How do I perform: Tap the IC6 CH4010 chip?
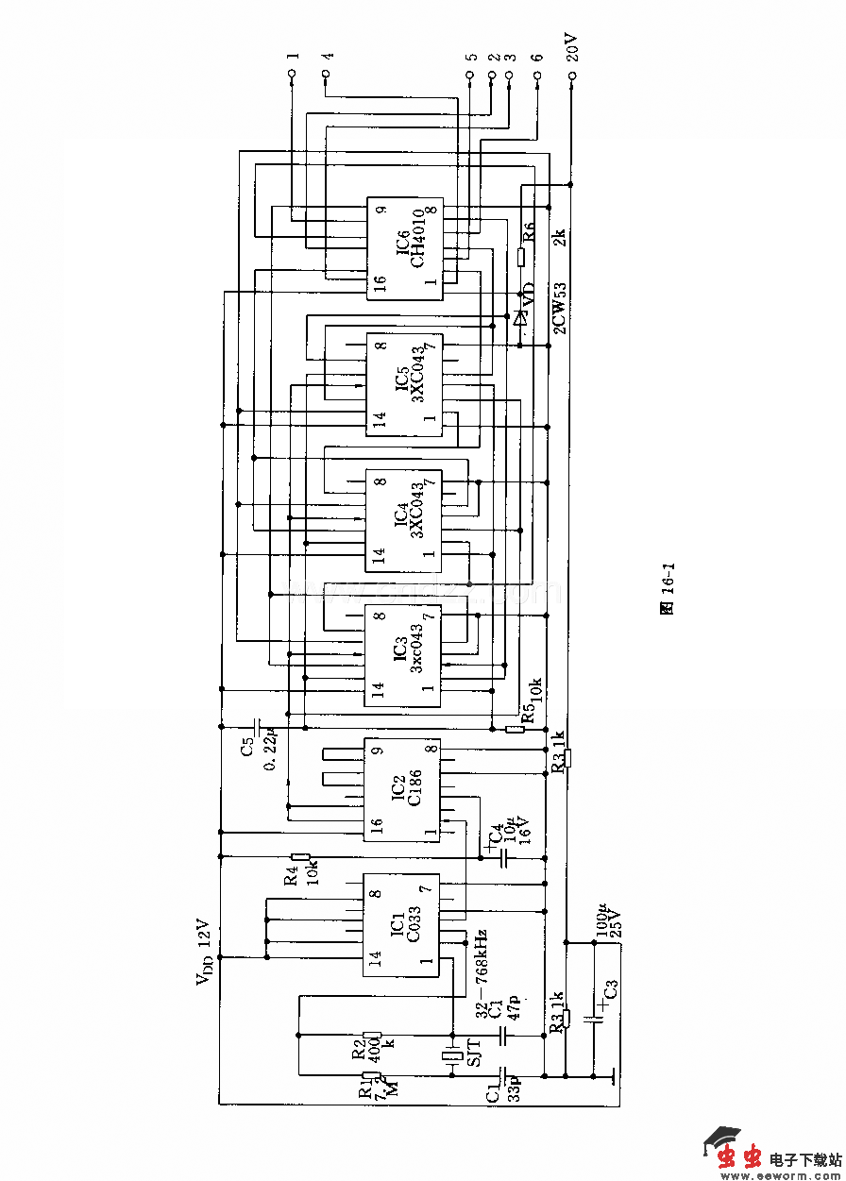(x=405, y=248)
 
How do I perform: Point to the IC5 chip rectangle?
(x=405, y=384)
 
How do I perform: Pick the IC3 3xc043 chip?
(x=404, y=655)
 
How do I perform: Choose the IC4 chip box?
(x=404, y=520)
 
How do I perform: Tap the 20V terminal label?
(x=572, y=49)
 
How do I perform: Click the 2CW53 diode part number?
(x=559, y=308)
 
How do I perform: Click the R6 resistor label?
(x=530, y=230)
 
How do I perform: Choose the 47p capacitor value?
(x=514, y=1008)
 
